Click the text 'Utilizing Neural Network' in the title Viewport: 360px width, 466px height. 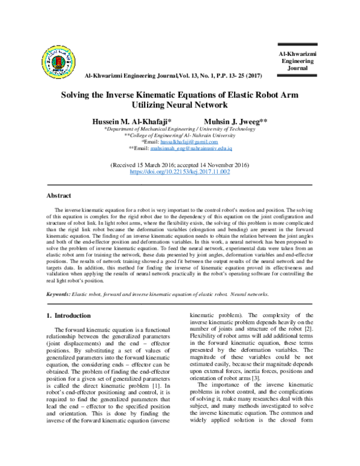coord(180,104)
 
